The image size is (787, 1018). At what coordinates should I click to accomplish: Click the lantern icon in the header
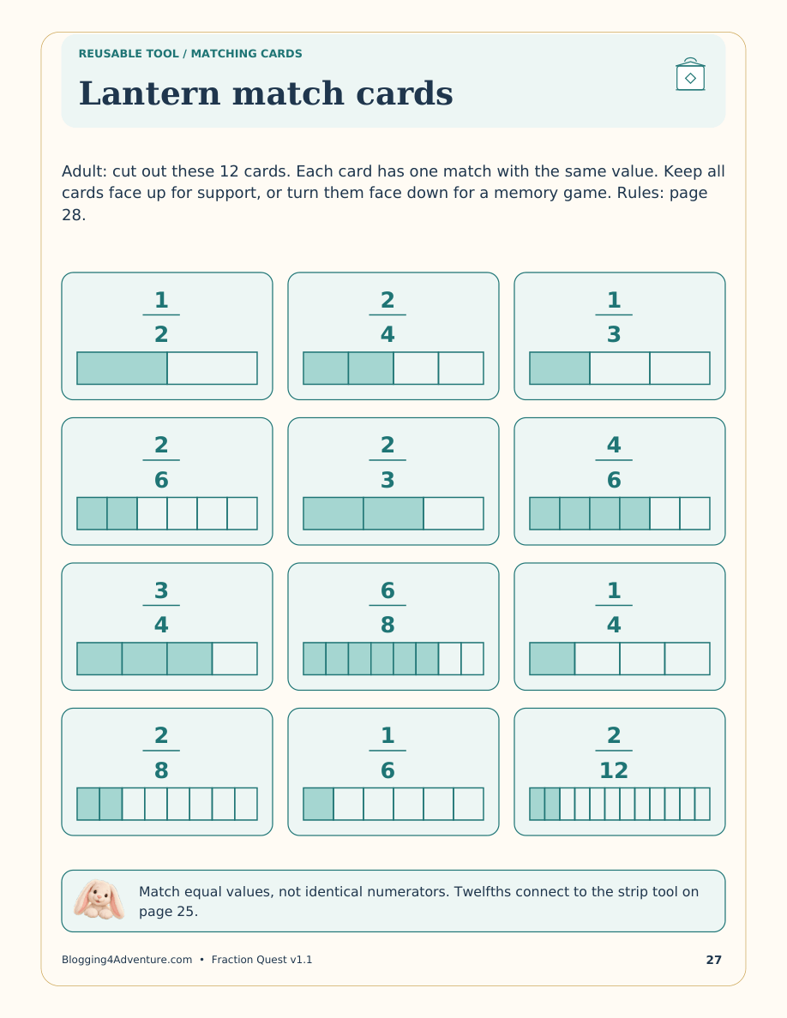690,74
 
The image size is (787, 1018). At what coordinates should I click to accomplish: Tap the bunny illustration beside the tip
99,900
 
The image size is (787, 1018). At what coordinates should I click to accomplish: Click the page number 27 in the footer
713,960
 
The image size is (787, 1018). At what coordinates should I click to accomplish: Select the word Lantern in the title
149,93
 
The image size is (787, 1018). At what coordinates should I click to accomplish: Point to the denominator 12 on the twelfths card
614,770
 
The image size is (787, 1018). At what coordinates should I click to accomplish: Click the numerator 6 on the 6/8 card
387,590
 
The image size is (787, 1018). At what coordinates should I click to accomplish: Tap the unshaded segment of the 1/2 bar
213,368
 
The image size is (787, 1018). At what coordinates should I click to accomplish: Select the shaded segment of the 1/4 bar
552,658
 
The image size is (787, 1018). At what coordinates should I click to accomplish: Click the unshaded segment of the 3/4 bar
235,658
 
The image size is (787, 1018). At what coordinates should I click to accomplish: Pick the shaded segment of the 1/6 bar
318,804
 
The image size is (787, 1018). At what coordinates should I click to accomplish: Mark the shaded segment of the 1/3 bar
560,368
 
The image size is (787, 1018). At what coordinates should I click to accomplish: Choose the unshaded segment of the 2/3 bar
454,513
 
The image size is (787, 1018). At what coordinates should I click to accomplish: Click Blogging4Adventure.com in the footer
127,960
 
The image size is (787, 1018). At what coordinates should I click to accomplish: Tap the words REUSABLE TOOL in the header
129,54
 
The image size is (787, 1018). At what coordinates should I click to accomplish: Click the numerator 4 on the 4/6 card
614,446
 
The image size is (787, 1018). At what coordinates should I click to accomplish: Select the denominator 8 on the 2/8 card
161,770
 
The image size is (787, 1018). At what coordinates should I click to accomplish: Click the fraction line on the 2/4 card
387,314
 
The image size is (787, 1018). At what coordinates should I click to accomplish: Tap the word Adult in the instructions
84,171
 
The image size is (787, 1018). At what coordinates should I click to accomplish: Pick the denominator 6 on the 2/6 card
161,481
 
